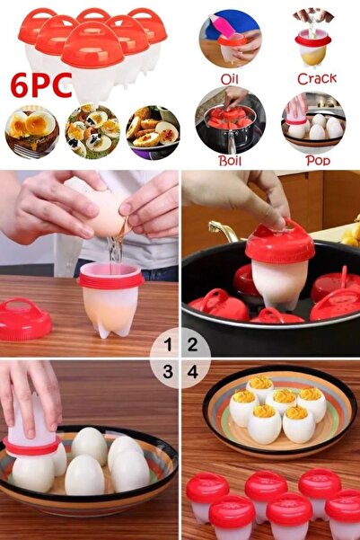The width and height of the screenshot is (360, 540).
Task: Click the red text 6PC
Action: (x=41, y=85)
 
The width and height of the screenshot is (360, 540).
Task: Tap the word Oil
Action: (x=230, y=79)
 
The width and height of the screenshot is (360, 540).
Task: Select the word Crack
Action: (x=317, y=79)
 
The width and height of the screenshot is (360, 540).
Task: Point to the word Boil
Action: (x=230, y=161)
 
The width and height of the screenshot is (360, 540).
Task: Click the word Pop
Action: (x=318, y=161)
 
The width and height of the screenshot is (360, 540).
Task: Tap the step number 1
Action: (x=168, y=344)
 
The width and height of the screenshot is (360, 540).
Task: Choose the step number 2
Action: (x=192, y=344)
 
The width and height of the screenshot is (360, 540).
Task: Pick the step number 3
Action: (x=168, y=372)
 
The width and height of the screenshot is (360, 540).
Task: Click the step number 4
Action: (x=193, y=372)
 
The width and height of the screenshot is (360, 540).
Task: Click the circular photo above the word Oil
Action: (x=230, y=40)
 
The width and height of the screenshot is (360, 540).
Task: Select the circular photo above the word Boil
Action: (x=230, y=120)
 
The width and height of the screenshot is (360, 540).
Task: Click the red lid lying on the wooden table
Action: (x=25, y=319)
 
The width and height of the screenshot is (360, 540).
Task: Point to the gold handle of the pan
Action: (x=223, y=230)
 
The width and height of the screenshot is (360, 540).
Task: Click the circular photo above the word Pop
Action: (x=313, y=122)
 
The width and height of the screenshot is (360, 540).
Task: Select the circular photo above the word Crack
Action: (x=313, y=39)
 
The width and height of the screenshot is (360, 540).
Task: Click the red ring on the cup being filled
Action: (x=110, y=280)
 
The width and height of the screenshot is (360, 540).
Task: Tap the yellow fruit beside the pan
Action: (x=351, y=235)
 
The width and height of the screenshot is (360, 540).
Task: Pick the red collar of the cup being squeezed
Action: (x=31, y=447)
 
